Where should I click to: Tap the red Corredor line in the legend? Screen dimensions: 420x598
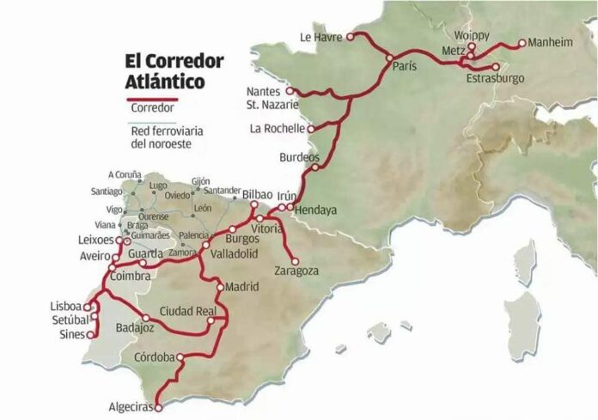151,100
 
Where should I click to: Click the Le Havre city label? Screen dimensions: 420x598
320,37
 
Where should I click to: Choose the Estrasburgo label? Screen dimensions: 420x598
494,79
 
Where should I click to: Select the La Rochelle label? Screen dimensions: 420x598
277,129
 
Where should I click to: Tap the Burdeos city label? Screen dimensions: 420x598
299,158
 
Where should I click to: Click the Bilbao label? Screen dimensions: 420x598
258,194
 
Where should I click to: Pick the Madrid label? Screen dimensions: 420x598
242,287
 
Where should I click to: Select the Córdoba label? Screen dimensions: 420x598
155,356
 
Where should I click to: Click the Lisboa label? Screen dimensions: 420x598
66,305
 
